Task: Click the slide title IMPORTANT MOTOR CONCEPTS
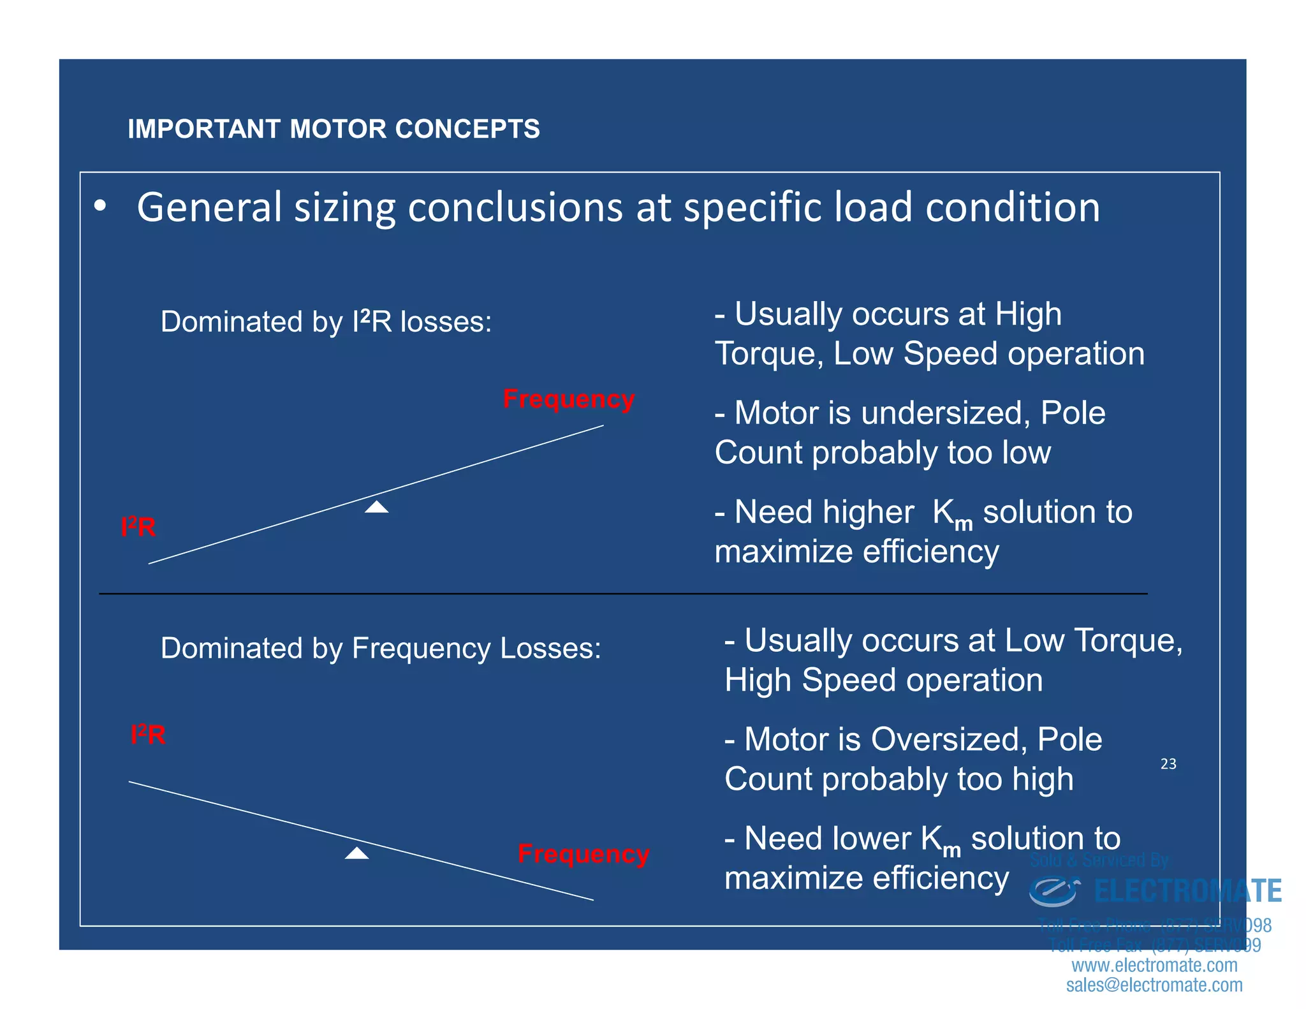coord(334,129)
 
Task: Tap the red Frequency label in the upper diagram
coord(568,399)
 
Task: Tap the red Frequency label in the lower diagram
coord(583,854)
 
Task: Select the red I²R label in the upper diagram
coord(138,527)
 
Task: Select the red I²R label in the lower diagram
coord(148,735)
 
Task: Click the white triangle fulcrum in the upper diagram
coord(377,507)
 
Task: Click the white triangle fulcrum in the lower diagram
coord(356,853)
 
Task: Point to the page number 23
coord(1168,764)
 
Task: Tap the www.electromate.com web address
coord(1154,966)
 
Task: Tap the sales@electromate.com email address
coord(1154,985)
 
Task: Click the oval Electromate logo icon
coord(1053,892)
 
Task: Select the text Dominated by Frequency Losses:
coord(381,648)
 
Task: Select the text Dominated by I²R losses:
coord(326,321)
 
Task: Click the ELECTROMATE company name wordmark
coord(1187,892)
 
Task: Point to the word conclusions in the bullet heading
coord(515,208)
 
